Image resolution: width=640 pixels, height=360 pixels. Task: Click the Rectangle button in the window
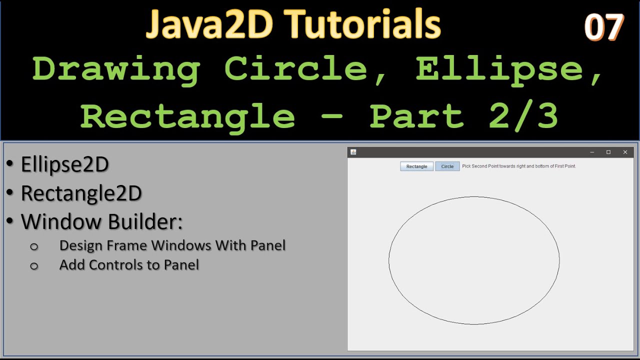point(416,166)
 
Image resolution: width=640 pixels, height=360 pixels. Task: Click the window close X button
point(625,152)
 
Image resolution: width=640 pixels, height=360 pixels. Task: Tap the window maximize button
point(608,152)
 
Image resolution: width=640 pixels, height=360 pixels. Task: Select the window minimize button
point(592,152)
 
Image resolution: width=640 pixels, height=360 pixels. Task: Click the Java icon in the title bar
point(353,152)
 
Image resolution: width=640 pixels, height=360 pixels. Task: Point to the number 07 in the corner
point(604,27)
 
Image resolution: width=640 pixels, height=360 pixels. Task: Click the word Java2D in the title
point(209,25)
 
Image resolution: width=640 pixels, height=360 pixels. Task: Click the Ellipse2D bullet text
point(65,164)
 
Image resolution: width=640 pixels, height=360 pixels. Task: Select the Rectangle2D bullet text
point(81,193)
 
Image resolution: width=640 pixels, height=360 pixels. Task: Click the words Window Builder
point(101,222)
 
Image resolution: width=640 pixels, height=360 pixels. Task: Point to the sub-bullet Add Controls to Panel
point(129,264)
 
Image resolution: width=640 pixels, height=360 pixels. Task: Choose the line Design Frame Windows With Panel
point(172,245)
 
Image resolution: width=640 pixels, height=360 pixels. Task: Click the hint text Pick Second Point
point(518,166)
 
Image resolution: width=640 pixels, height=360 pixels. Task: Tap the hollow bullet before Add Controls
point(34,265)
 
